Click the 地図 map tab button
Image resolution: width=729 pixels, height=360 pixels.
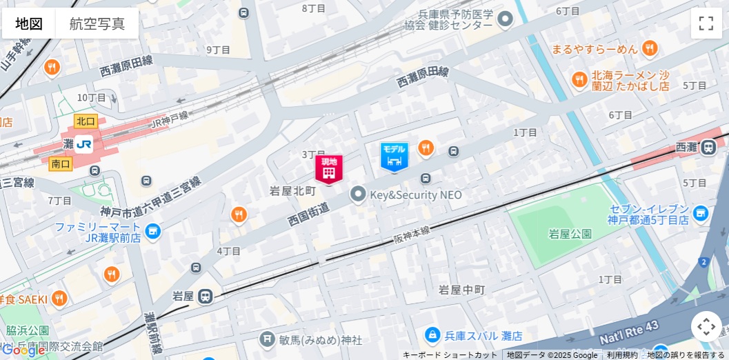click(x=29, y=23)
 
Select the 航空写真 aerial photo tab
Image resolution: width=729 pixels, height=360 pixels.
click(x=97, y=23)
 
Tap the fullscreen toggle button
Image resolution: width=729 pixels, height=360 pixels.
click(x=706, y=23)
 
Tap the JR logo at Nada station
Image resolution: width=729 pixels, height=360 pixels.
click(x=84, y=145)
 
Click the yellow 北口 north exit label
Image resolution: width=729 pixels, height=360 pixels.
click(x=86, y=121)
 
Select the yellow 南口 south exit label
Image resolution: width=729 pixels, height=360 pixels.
click(x=61, y=164)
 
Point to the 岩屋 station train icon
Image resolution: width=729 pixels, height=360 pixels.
click(x=205, y=297)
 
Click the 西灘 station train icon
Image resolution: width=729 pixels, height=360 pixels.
click(x=708, y=147)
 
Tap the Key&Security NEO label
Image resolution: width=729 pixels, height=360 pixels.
click(x=416, y=195)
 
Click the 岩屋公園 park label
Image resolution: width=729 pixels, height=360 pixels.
click(x=570, y=234)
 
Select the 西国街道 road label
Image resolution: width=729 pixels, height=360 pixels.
click(x=308, y=214)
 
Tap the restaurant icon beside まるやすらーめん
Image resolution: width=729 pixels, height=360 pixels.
click(x=649, y=48)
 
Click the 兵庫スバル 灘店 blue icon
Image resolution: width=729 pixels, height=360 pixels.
click(x=432, y=336)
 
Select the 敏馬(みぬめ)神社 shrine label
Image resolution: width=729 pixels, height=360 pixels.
click(x=320, y=340)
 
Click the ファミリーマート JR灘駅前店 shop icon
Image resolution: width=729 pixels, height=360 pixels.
click(x=153, y=232)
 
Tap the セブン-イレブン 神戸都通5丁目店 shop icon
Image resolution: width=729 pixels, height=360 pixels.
click(x=701, y=214)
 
